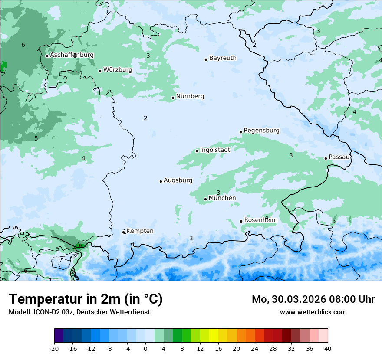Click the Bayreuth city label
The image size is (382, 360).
coord(223,58)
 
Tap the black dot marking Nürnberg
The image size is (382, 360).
coord(173,98)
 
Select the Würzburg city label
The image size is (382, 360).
coord(118,70)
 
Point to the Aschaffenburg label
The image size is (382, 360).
coord(72,55)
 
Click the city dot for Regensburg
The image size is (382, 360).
coord(240,132)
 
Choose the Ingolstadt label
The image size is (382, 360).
coord(215,150)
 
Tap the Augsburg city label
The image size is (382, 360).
coord(178,180)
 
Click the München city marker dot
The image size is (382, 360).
coord(205,200)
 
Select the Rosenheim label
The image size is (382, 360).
coord(260,220)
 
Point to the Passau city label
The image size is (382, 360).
coord(339,157)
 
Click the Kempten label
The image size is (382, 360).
coord(140,231)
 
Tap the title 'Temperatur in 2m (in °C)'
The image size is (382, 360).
coord(86,299)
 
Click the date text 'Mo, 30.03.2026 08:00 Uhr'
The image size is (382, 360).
coord(313,299)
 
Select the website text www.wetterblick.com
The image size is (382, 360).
coord(313,312)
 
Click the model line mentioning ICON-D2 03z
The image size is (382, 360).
coord(79,312)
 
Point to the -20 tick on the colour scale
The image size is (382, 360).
coord(54,348)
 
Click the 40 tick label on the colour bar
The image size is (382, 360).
coord(328,348)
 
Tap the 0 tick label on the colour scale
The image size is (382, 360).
coord(145,348)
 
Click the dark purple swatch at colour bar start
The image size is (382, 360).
coord(59,336)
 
